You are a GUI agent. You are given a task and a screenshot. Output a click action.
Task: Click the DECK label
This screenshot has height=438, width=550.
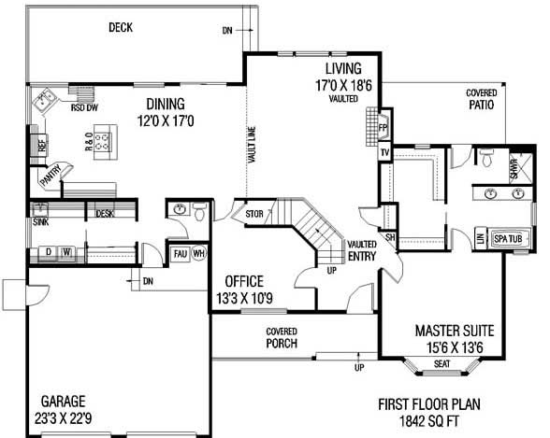tap(120, 27)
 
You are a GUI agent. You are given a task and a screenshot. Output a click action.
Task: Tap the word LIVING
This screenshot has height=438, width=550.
tap(342, 69)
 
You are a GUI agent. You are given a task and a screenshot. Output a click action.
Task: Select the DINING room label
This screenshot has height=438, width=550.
tap(165, 104)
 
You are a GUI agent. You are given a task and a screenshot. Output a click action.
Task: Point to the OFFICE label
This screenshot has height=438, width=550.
tap(243, 281)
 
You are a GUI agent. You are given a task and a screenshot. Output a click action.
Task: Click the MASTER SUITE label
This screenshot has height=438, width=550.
tap(455, 331)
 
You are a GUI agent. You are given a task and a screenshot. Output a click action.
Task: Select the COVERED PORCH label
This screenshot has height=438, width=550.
tap(282, 337)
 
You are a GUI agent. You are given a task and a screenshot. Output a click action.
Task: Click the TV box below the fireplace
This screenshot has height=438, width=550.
tap(384, 153)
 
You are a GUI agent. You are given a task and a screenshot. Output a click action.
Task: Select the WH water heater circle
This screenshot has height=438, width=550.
tap(198, 253)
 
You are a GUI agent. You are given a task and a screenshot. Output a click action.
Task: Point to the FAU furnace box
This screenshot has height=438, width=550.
tap(181, 253)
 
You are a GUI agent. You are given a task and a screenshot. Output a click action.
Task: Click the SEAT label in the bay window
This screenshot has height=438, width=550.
tap(443, 363)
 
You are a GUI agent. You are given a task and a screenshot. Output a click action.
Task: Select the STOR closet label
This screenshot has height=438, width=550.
tap(253, 213)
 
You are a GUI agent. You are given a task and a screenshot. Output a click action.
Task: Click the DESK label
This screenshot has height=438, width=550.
tap(104, 214)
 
